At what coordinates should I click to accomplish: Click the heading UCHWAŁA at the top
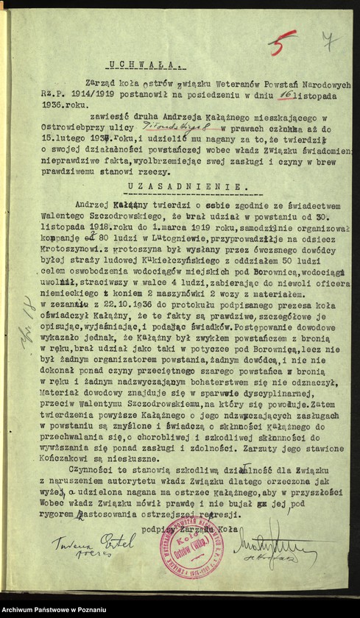tap(134, 63)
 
